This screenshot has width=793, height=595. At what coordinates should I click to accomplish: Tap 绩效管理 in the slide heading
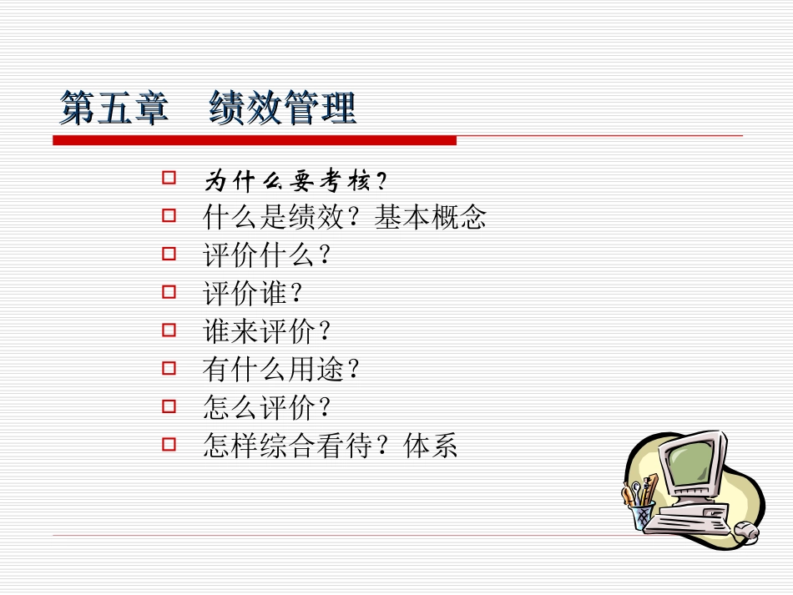pyautogui.click(x=283, y=109)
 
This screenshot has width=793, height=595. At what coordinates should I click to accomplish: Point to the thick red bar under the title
pyautogui.click(x=255, y=141)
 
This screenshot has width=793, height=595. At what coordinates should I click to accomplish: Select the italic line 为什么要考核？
pyautogui.click(x=297, y=180)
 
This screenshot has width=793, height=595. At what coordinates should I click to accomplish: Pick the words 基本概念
pyautogui.click(x=430, y=218)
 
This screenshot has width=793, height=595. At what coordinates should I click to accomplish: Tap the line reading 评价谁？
pyautogui.click(x=251, y=294)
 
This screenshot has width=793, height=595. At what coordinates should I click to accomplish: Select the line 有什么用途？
pyautogui.click(x=281, y=369)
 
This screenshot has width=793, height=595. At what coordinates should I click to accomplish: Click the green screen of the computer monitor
pyautogui.click(x=689, y=463)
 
